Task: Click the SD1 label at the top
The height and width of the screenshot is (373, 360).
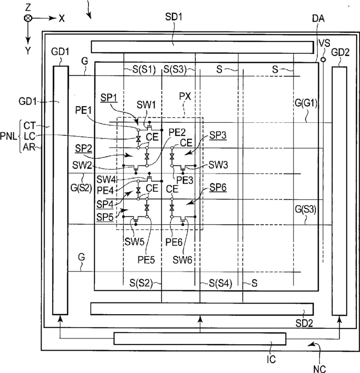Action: click(173, 17)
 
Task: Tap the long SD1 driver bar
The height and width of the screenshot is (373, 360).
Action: click(202, 47)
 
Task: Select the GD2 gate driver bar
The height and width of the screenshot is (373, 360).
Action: click(339, 191)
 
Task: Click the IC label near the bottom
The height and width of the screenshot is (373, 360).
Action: click(271, 359)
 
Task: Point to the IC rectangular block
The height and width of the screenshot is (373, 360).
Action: click(200, 338)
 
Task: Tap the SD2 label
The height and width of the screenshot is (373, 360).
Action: click(304, 323)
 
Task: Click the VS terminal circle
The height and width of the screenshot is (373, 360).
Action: click(323, 59)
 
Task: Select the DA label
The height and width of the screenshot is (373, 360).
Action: click(318, 18)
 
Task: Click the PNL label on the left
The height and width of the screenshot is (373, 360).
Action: click(9, 137)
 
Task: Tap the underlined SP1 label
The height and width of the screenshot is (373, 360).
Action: click(109, 97)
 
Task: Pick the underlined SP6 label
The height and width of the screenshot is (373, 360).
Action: click(218, 187)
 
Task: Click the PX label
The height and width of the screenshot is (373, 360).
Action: click(185, 96)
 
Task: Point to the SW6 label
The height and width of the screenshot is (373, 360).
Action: click(182, 260)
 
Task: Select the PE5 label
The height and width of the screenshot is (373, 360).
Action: click(146, 260)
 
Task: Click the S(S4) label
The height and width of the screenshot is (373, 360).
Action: click(220, 283)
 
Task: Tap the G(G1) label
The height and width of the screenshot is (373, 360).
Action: click(306, 103)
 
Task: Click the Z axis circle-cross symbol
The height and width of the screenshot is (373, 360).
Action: click(28, 18)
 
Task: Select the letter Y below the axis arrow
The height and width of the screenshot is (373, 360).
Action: click(28, 51)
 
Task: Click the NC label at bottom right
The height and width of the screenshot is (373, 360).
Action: click(319, 369)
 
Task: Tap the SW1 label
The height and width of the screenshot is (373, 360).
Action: click(146, 105)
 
